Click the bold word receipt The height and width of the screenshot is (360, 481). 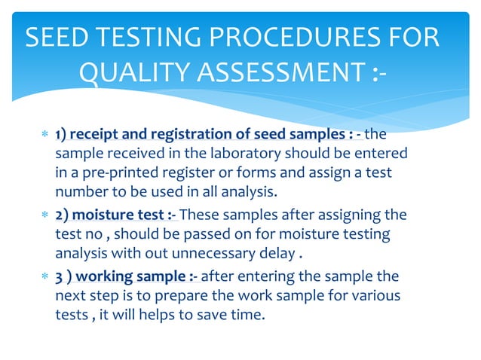pos(95,135)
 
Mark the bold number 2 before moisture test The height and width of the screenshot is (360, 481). pos(59,215)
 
